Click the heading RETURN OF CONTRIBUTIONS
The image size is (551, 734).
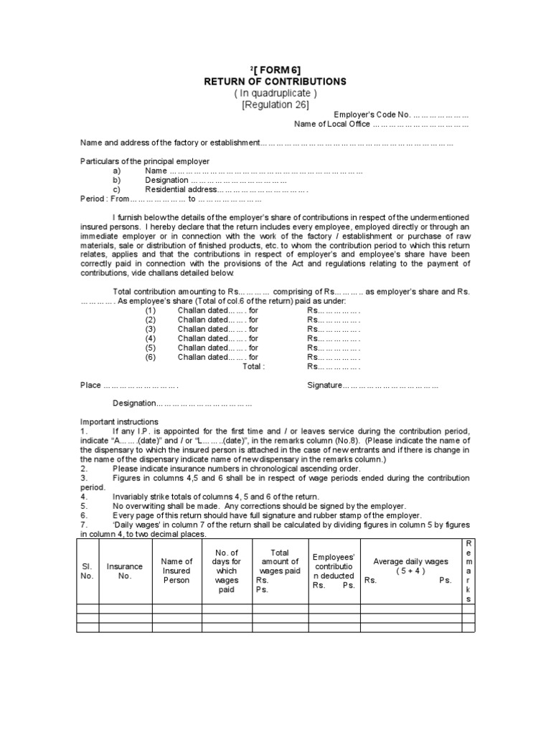click(x=275, y=82)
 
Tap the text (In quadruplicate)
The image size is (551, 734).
click(x=275, y=94)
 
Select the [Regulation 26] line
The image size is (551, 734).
click(x=275, y=106)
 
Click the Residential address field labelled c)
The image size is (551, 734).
click(x=226, y=190)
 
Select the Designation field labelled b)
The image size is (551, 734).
click(x=215, y=181)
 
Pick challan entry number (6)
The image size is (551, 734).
click(x=150, y=356)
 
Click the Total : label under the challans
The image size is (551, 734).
click(x=254, y=366)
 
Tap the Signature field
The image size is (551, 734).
click(x=372, y=385)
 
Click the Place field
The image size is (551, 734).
click(x=129, y=385)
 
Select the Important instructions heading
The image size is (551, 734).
click(x=119, y=421)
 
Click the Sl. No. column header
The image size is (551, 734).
click(x=87, y=571)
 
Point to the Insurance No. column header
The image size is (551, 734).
click(x=125, y=571)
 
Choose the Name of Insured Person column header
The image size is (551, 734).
click(x=176, y=571)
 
